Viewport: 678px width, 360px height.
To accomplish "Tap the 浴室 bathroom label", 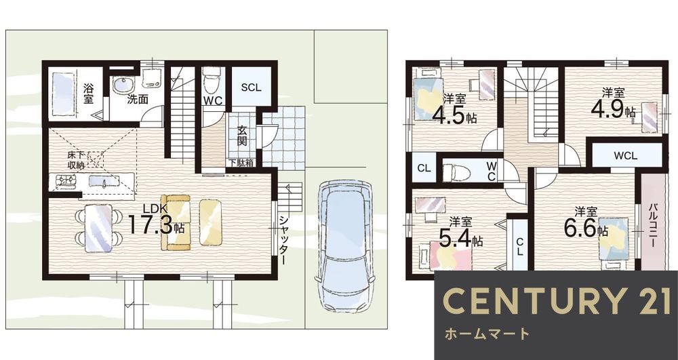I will coord(89,93).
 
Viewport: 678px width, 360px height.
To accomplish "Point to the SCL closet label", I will coord(251,87).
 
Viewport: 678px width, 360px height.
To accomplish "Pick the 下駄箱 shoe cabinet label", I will coord(241,163).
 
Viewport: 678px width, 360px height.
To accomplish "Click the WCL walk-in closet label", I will coord(625,155).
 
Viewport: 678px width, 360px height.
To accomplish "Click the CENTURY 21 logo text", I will coord(556,300).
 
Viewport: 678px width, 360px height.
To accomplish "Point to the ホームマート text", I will coord(487,334).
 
